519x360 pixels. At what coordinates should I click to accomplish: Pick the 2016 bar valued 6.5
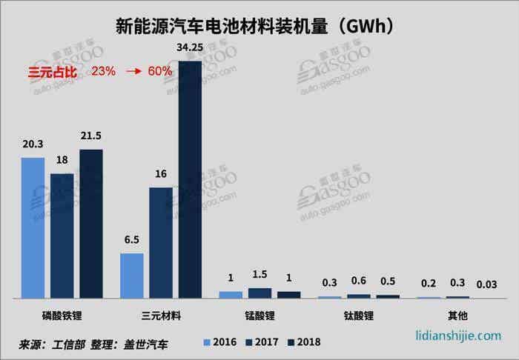pyautogui.click(x=131, y=276)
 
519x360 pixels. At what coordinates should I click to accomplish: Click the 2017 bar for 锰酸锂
pyautogui.click(x=259, y=293)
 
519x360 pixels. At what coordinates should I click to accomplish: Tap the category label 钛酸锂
pyautogui.click(x=359, y=315)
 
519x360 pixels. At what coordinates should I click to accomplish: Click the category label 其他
pyautogui.click(x=457, y=315)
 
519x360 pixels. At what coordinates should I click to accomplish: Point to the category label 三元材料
pyautogui.click(x=161, y=315)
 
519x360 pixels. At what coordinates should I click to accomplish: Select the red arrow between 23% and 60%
pyautogui.click(x=133, y=72)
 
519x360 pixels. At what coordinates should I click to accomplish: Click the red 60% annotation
pyautogui.click(x=159, y=72)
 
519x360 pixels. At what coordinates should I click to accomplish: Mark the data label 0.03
pyautogui.click(x=487, y=285)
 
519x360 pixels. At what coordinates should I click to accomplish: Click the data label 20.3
pyautogui.click(x=33, y=146)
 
